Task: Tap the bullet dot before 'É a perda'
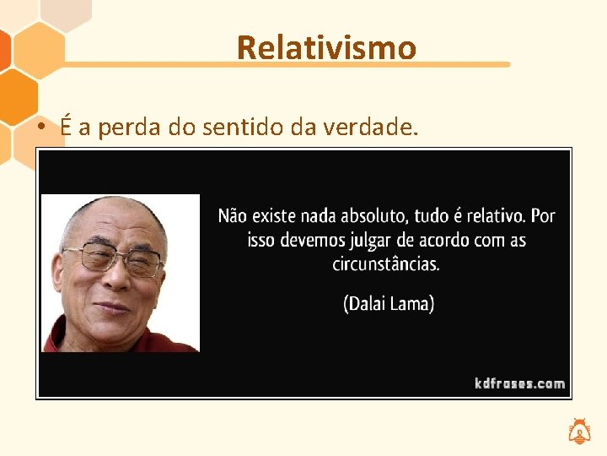[x=40, y=128]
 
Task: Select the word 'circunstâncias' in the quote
[x=386, y=263]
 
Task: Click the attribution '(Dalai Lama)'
[x=389, y=304]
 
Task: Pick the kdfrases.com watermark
[x=519, y=383]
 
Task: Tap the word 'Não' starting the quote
[x=233, y=216]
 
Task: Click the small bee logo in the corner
[x=580, y=432]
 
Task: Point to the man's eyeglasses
[x=114, y=257]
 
